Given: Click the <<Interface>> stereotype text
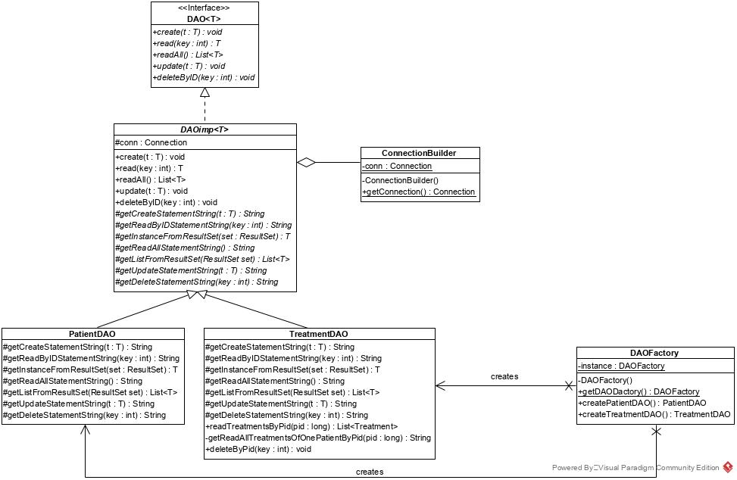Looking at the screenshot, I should pos(205,8).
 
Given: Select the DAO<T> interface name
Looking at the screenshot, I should pos(205,19).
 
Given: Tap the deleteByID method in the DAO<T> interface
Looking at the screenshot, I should pos(204,77).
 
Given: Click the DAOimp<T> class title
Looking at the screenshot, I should pos(205,129).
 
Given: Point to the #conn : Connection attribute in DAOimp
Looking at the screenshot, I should pos(151,142).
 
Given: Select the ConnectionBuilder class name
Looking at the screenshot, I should pos(419,153).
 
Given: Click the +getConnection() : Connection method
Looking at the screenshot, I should pos(419,192).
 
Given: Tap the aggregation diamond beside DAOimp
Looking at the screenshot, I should pos(306,162).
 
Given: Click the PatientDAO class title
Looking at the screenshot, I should pos(92,334).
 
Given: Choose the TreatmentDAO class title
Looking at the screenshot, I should pos(319,334).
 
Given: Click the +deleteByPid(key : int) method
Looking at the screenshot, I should pos(259,449).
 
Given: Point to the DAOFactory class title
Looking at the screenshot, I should pos(654,353).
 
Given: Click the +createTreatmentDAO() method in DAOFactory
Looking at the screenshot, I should pos(654,414).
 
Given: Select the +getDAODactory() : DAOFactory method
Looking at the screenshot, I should pos(639,391).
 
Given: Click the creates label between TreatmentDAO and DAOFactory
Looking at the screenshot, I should pos(504,376).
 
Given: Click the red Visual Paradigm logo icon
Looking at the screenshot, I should pos(728,467).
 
